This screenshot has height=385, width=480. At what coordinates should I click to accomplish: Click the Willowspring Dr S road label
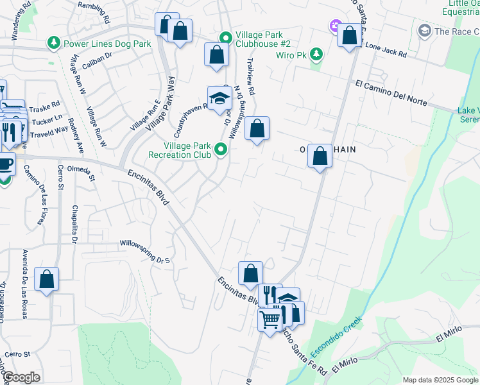[147, 244]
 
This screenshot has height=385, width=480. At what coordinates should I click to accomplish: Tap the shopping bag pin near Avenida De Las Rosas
[46, 279]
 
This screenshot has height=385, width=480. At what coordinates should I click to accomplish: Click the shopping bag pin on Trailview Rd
[257, 128]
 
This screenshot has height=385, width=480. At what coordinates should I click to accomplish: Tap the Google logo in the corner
[21, 378]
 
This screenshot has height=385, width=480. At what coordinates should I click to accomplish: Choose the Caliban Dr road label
[99, 55]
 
